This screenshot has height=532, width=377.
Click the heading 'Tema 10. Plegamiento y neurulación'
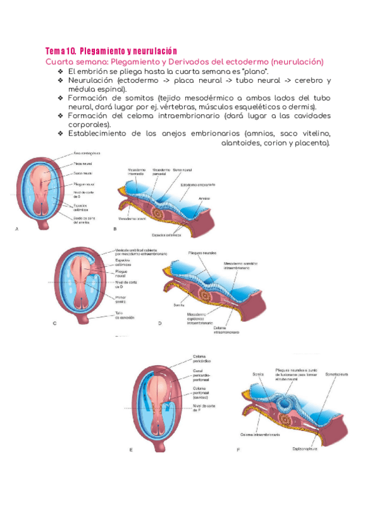111,50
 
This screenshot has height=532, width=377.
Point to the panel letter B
115,230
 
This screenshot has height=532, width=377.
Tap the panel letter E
131,450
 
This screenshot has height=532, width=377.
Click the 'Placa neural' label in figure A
84,161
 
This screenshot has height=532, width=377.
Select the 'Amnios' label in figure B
204,198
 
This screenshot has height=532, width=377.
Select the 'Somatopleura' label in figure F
337,375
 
